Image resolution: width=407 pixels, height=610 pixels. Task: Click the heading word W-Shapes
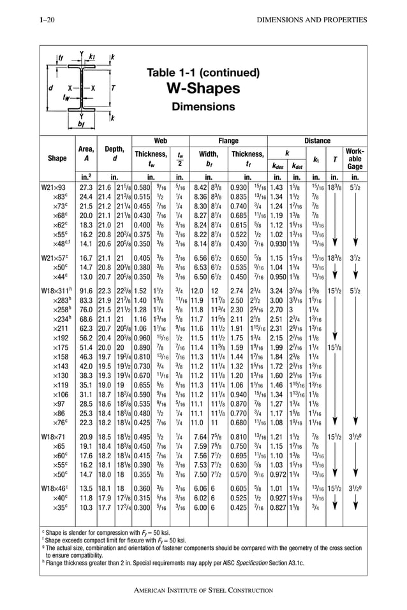(203, 87)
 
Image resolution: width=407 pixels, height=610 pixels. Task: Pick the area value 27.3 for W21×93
(86, 188)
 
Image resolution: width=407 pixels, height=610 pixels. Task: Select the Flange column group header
(228, 141)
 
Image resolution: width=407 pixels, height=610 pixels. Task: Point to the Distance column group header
(317, 141)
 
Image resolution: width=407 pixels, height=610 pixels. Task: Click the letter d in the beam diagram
(50, 87)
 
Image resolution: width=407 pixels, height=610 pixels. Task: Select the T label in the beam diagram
(112, 87)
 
